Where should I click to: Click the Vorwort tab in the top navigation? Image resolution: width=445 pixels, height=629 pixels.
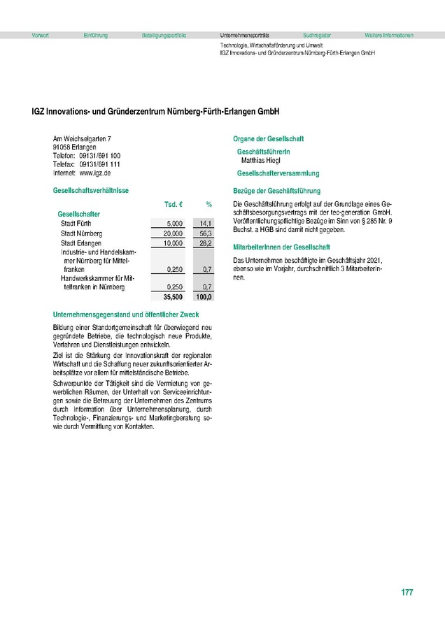coord(40,35)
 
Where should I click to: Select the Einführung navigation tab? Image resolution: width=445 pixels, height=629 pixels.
coord(95,35)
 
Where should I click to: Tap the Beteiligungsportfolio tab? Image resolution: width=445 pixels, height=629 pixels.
coord(164,35)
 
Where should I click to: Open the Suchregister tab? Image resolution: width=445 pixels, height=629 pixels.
coord(317,35)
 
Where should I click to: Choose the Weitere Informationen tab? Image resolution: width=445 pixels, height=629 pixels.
coord(389,35)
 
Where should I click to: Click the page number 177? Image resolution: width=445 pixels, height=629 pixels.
coord(407,593)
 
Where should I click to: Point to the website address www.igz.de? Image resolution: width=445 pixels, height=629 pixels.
coord(96,172)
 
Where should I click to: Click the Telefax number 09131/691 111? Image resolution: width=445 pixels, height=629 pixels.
coord(99,164)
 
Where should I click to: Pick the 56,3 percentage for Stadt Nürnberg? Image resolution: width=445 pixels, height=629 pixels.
coord(205,233)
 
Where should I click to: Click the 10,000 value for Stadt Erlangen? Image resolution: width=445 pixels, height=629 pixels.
coord(172,243)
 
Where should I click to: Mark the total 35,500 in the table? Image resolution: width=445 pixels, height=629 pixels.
coord(172,296)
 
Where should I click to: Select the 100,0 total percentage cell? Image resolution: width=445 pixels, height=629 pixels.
coord(204,296)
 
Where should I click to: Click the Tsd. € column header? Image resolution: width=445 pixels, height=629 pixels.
coord(174,204)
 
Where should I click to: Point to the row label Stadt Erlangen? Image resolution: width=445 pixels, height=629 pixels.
coord(81,243)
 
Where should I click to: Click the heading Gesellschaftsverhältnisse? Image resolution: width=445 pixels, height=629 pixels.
coord(90,191)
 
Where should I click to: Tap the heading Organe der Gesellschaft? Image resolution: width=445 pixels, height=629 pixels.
coord(268,139)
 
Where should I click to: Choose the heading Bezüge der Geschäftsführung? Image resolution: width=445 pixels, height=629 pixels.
coord(276,191)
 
